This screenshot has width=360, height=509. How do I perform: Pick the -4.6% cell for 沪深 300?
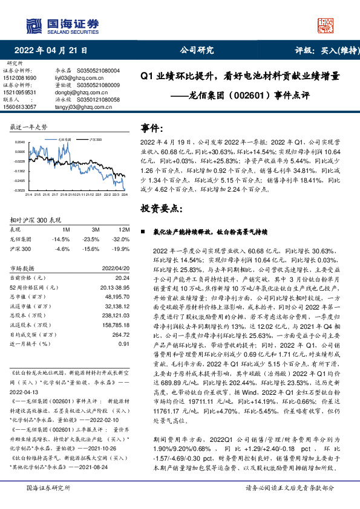point(62,232)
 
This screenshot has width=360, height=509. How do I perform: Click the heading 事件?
point(152,128)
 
